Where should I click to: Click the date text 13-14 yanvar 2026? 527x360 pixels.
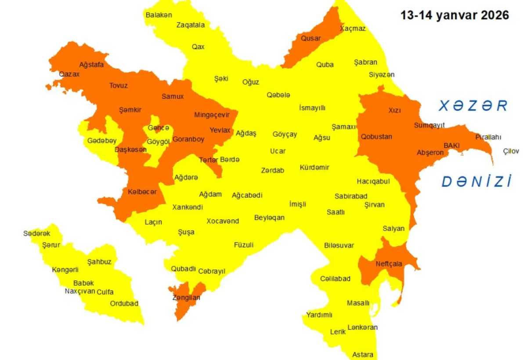(x=455, y=15)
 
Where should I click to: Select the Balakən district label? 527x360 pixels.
(x=159, y=15)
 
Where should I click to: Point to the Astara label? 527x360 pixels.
(x=363, y=354)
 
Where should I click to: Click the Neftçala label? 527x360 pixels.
(x=389, y=264)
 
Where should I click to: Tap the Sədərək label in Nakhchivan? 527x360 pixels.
(x=37, y=233)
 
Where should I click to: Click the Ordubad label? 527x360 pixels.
(x=124, y=303)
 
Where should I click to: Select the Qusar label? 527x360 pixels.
(x=310, y=38)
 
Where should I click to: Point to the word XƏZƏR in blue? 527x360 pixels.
(x=474, y=106)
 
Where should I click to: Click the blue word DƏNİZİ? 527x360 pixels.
(x=476, y=182)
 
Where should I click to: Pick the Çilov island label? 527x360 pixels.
(x=511, y=151)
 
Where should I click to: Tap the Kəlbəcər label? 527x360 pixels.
(x=142, y=192)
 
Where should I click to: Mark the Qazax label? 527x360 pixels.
(x=69, y=74)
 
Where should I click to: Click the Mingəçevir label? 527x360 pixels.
(x=212, y=115)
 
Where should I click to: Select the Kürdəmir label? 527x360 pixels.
(x=314, y=167)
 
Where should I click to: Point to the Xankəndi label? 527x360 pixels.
(x=188, y=207)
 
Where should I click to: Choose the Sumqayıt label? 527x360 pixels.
(x=430, y=125)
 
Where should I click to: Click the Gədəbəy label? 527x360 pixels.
(x=102, y=141)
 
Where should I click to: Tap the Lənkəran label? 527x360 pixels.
(x=362, y=327)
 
